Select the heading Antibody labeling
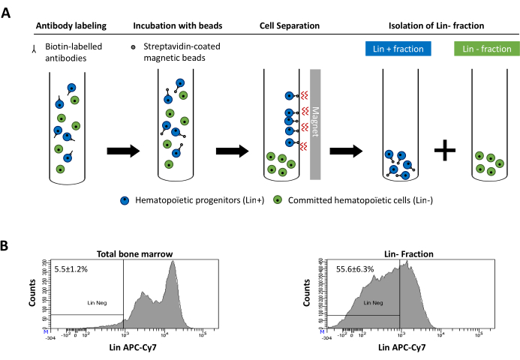click(x=70, y=26)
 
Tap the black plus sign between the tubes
click(x=446, y=150)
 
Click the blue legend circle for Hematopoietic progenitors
click(x=124, y=200)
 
